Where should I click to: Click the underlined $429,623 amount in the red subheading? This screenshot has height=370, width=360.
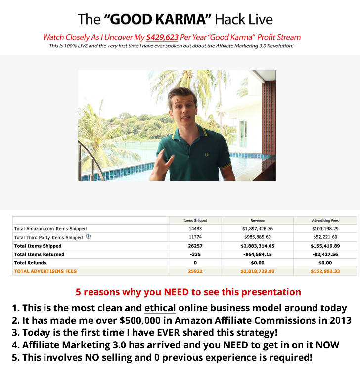point(162,37)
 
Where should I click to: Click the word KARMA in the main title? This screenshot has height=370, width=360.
point(180,19)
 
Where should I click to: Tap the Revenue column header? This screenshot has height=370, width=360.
point(257,221)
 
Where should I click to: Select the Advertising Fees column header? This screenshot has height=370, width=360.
point(325,221)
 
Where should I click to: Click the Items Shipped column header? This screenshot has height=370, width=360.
point(195,221)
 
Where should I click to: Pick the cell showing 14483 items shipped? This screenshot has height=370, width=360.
point(195,229)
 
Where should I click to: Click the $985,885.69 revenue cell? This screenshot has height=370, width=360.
point(257,237)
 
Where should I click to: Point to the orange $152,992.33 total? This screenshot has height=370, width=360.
point(325,271)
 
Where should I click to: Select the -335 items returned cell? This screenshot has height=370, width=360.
point(195,254)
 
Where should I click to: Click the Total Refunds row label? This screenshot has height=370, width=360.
point(30,263)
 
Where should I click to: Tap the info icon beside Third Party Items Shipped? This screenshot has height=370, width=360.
point(89,236)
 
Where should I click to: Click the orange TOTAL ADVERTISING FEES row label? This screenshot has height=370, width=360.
point(45,271)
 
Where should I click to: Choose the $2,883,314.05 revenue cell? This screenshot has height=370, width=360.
point(257,246)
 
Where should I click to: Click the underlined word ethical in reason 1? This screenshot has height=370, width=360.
point(160,308)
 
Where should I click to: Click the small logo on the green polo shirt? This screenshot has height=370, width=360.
point(206,155)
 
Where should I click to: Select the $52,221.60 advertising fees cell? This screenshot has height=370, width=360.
point(325,237)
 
